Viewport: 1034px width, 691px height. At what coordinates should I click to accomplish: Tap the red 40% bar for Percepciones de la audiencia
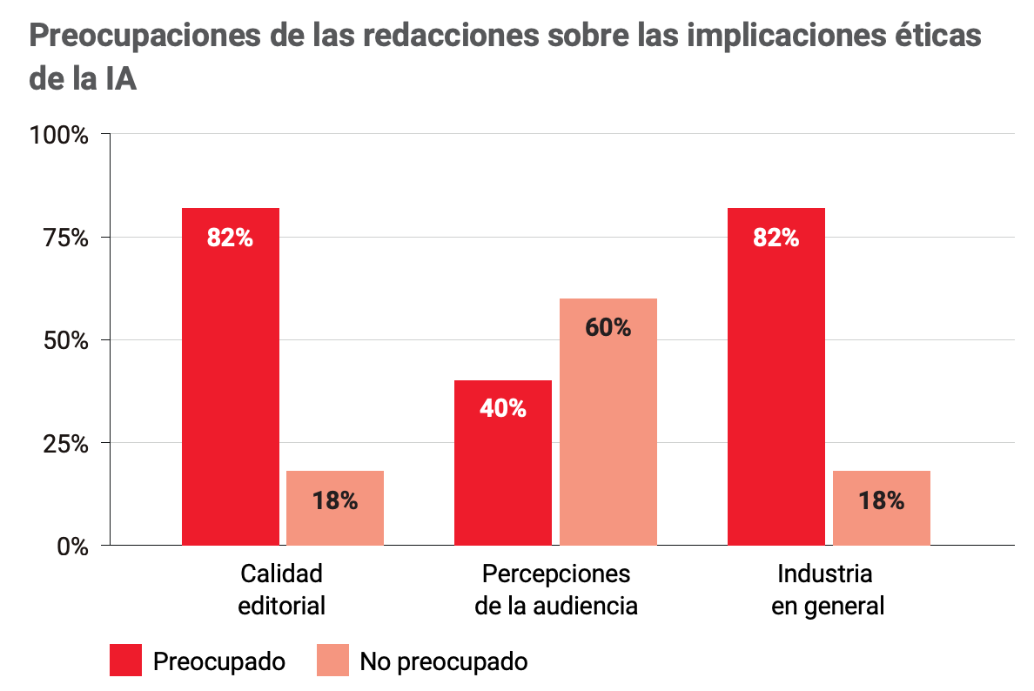coord(503,462)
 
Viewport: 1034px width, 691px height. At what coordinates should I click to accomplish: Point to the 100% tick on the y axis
coord(58,136)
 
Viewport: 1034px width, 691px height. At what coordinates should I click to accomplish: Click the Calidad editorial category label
coord(282,589)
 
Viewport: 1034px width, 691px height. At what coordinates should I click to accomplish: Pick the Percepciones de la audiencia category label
coord(556,589)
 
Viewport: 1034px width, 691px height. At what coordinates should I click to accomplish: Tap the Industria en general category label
coord(827,589)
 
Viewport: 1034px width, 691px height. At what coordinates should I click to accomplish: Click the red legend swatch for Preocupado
coord(125,661)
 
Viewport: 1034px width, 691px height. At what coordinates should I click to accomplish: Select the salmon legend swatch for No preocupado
coord(332,661)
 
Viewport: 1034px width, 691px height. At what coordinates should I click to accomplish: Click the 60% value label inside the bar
coord(608,327)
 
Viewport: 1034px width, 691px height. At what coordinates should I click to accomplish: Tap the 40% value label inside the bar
coord(503,408)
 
